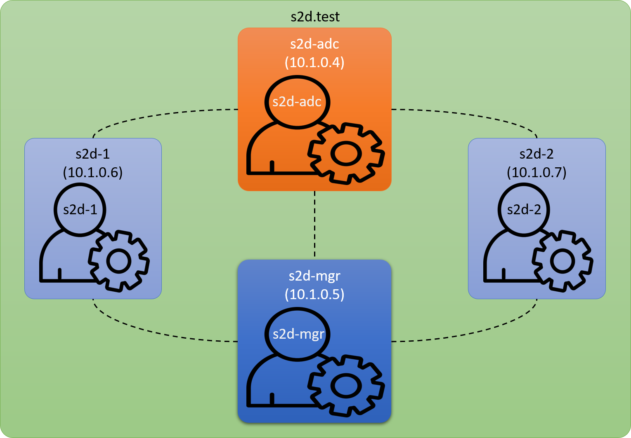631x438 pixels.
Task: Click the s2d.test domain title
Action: (315, 17)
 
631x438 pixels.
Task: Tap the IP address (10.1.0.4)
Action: (314, 62)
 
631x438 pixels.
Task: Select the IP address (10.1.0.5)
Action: (314, 294)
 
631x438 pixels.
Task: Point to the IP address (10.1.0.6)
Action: (93, 172)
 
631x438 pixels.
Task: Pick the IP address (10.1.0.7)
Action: (536, 172)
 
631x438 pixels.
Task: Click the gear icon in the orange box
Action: (346, 153)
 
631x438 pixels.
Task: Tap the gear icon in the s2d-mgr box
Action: (346, 385)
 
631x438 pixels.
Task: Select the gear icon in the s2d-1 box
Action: (119, 261)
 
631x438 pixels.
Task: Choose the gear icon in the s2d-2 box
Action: (562, 261)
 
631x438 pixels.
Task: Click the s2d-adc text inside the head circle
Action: (297, 101)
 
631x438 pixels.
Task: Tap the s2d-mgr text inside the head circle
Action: (298, 333)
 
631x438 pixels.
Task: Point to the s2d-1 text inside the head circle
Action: (80, 210)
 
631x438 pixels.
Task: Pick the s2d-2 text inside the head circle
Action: (524, 210)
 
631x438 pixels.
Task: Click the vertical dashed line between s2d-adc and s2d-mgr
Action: (315, 225)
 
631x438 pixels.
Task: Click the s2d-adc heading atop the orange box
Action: (314, 44)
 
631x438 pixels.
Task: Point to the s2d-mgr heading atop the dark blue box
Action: (314, 276)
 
